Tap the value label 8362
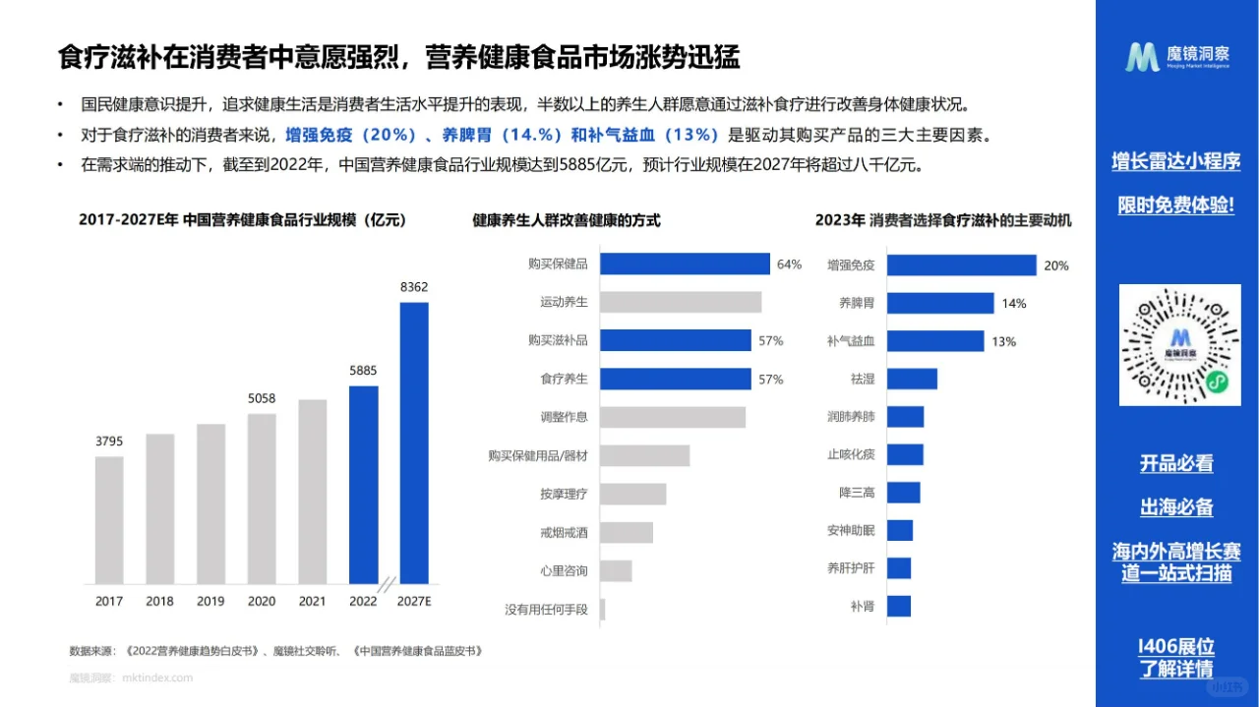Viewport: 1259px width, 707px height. (x=414, y=287)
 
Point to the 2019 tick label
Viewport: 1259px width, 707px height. (x=210, y=601)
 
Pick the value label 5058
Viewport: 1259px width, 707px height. (x=262, y=399)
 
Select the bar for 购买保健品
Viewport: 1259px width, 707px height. (x=685, y=264)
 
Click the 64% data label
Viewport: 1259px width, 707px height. (x=789, y=265)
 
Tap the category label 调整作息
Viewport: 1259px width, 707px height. (x=564, y=417)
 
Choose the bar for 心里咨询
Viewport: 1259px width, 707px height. (x=616, y=570)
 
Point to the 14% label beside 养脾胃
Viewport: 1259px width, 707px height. (x=1014, y=304)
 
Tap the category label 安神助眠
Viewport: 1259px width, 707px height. (x=851, y=531)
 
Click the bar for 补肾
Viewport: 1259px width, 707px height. (x=899, y=607)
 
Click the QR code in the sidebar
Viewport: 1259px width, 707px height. (x=1180, y=344)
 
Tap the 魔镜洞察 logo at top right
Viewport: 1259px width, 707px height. (x=1177, y=57)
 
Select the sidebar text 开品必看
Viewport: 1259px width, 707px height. (x=1176, y=463)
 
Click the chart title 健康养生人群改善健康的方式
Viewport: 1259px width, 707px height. (x=567, y=221)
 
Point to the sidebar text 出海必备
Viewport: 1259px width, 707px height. (x=1176, y=507)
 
